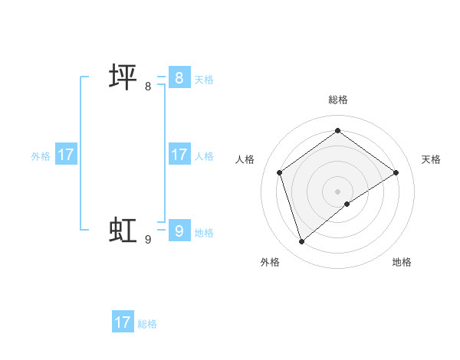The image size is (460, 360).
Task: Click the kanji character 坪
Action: [123, 78]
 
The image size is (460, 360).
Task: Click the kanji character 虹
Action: [123, 230]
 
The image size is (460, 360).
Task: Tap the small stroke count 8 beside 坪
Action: [148, 87]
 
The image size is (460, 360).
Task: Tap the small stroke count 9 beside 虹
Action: [148, 240]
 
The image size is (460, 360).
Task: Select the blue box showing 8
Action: [179, 78]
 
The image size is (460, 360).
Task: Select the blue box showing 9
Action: [179, 230]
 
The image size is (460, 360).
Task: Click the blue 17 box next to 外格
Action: [66, 155]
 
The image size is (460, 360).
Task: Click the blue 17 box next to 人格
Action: [179, 155]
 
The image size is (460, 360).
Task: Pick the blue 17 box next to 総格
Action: [123, 322]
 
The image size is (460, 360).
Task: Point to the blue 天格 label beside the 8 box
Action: [204, 80]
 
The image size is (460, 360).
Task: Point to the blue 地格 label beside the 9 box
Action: [204, 233]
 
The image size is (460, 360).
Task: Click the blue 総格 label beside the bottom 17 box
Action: [147, 324]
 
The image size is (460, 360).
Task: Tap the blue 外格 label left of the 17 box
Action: [41, 156]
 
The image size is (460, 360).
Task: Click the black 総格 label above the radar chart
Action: [338, 100]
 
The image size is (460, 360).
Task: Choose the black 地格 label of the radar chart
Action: [402, 262]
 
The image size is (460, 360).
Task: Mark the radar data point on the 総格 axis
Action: [338, 131]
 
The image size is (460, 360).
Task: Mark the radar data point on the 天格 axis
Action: [396, 172]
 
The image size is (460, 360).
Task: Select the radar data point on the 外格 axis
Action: [302, 242]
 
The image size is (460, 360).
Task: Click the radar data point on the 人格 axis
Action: [280, 172]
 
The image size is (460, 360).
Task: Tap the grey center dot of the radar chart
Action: [338, 191]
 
